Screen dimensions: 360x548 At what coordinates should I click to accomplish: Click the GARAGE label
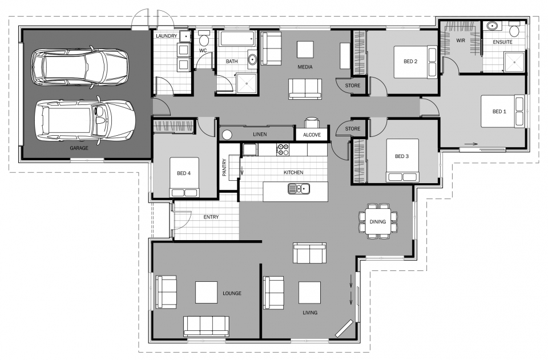[79, 148]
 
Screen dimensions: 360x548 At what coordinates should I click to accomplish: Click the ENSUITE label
[502, 42]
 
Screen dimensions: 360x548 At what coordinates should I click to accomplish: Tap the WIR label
[461, 40]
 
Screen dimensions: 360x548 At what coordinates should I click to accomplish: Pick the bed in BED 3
[402, 160]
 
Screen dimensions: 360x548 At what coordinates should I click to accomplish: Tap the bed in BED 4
[184, 176]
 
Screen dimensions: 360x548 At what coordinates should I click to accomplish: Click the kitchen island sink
[299, 188]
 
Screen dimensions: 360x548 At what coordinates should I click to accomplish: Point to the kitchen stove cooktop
[282, 149]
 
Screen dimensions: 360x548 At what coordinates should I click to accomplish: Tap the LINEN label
[260, 134]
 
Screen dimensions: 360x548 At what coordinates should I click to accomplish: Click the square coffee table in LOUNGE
[207, 292]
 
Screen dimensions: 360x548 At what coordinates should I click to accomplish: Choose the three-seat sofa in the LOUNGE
[206, 326]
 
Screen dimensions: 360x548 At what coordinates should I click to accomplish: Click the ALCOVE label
[312, 135]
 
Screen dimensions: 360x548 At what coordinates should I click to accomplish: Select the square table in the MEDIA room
[305, 48]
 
